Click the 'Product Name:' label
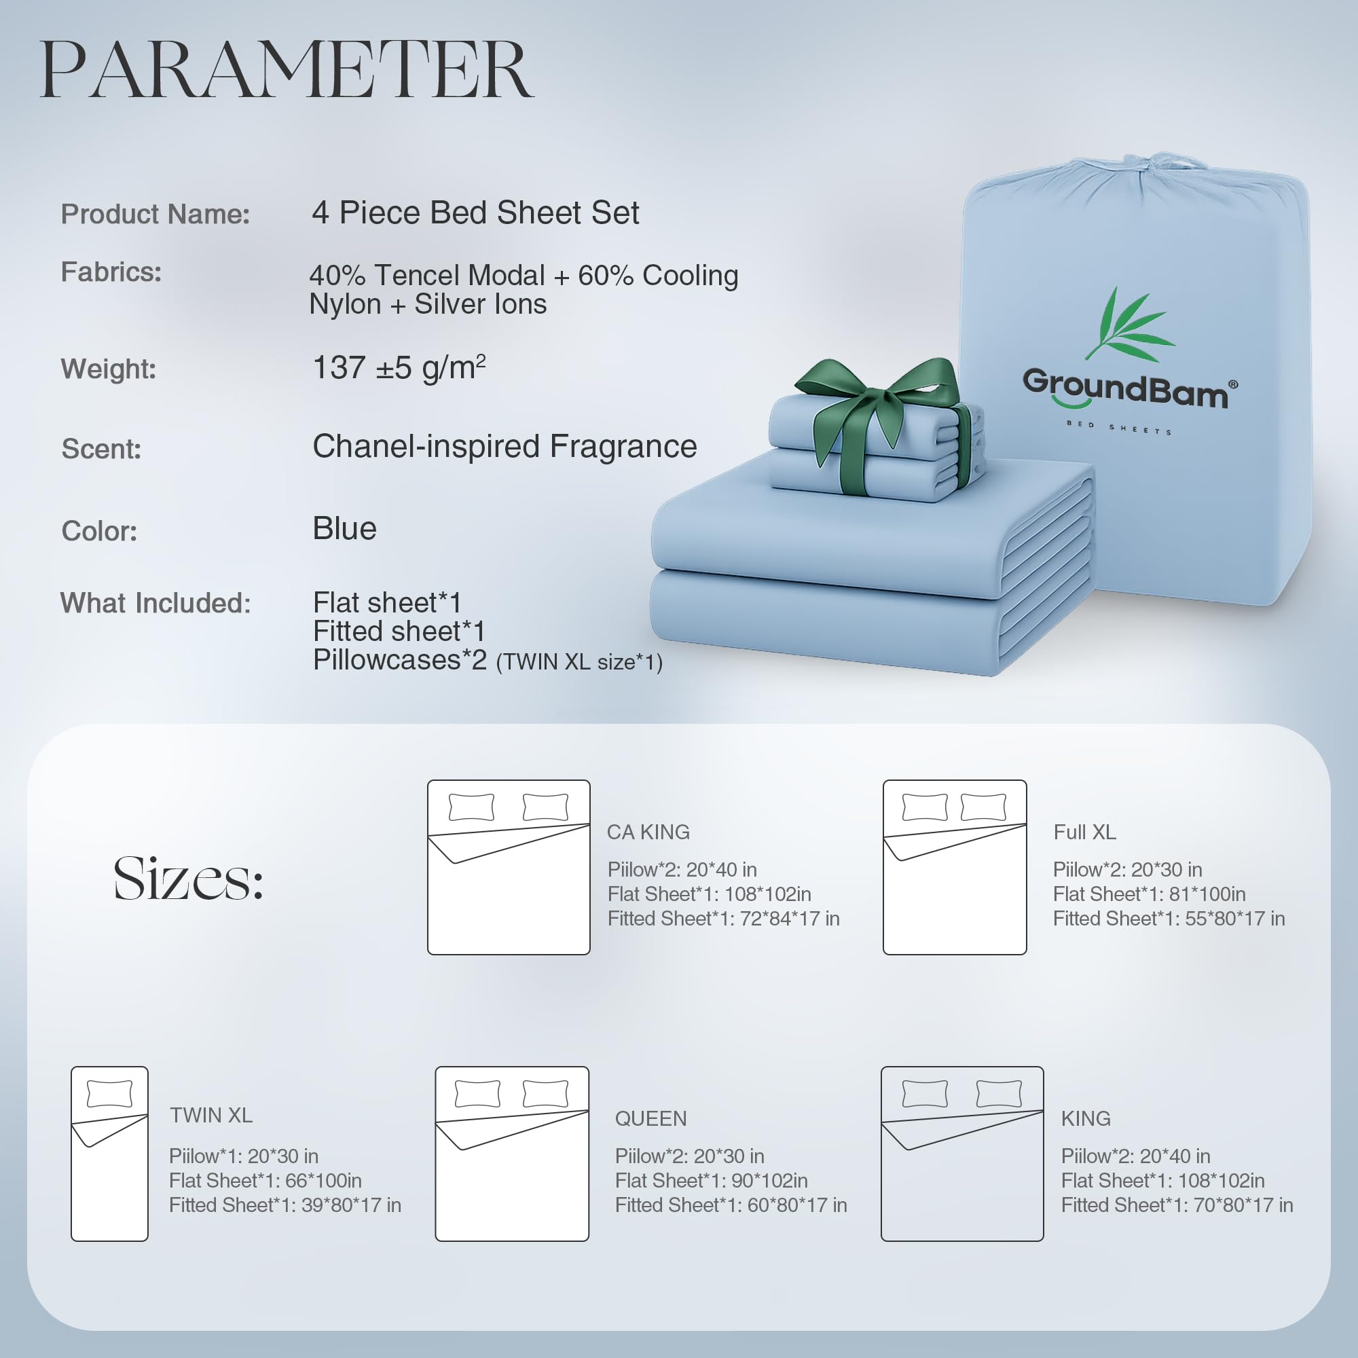tap(155, 215)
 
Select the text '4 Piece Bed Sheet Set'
tap(475, 213)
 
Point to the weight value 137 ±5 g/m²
tap(399, 367)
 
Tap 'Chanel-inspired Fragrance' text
tap(504, 446)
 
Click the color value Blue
tap(344, 528)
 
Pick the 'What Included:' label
tap(155, 603)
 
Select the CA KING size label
tap(648, 832)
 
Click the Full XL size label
tap(1084, 832)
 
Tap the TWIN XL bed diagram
tap(109, 1154)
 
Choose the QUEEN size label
tap(651, 1118)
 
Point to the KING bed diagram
tap(962, 1154)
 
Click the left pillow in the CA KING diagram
tap(472, 807)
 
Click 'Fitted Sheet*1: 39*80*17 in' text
tap(285, 1205)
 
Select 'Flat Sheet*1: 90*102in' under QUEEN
tap(712, 1180)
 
